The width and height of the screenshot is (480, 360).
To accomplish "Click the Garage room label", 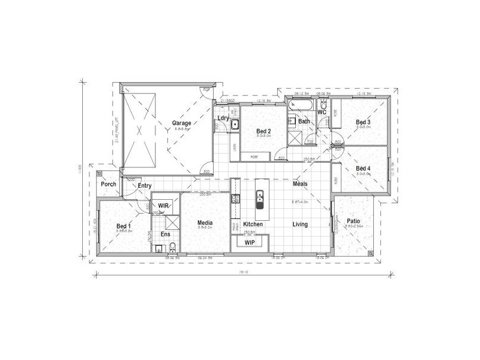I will [x=182, y=123].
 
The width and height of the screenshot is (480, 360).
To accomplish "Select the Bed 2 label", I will [x=264, y=131].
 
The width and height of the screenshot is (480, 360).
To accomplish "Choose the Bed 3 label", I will [x=363, y=122].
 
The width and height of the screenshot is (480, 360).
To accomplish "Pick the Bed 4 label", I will [x=363, y=169].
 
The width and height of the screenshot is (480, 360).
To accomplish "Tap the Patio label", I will [x=353, y=220].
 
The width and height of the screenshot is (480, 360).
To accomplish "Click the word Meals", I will [x=300, y=184].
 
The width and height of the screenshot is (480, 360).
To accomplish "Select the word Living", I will [x=300, y=224].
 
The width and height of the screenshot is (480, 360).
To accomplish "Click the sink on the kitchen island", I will [x=260, y=196].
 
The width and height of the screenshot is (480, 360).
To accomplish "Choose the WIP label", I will [x=250, y=242].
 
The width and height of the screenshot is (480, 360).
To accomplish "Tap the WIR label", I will [x=163, y=205].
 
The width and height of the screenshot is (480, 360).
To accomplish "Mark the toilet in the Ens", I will [x=172, y=247].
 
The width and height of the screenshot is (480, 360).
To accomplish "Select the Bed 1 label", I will [x=124, y=226].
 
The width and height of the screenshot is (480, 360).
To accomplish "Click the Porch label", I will [x=109, y=184].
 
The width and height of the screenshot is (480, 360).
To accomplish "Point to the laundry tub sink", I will [x=236, y=125].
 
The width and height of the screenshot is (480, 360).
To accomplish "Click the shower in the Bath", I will [x=295, y=137].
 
